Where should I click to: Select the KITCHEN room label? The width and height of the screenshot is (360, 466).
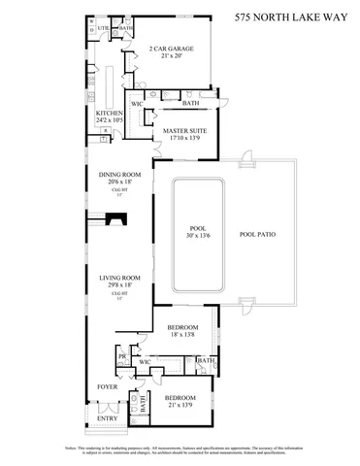point(109,113)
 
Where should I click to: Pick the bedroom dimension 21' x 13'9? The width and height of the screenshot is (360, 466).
point(180,406)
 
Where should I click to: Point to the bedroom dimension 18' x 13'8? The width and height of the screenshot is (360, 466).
point(182,335)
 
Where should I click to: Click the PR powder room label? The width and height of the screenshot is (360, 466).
point(121,356)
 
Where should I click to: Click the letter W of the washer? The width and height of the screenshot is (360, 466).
point(91,20)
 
